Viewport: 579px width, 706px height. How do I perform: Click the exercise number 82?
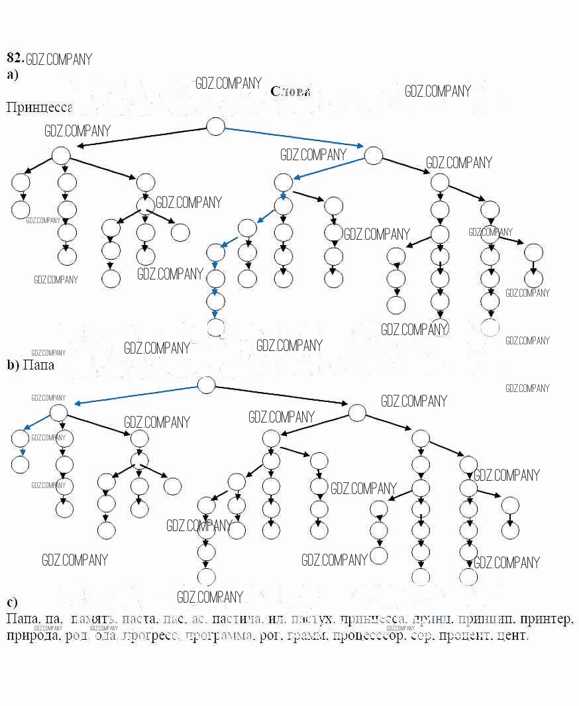tap(15, 58)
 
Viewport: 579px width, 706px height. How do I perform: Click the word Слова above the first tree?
tap(290, 91)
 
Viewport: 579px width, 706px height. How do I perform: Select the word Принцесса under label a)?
tap(38, 107)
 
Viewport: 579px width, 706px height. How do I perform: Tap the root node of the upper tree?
tap(215, 126)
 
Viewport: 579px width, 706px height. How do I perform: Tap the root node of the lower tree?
tap(207, 384)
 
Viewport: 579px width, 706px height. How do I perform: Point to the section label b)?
tap(12, 364)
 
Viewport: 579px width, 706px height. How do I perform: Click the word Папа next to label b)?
tap(38, 364)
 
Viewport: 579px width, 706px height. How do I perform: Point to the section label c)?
tap(11, 602)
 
